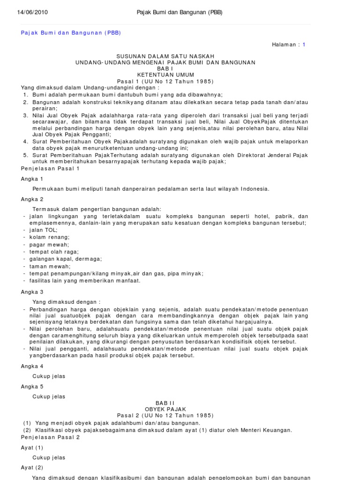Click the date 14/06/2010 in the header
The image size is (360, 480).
(x=32, y=12)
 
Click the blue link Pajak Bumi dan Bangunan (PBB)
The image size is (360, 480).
(x=71, y=33)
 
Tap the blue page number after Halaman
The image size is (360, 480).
(x=304, y=45)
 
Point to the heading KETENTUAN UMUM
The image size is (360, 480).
(x=165, y=75)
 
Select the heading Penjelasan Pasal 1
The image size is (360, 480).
(x=51, y=168)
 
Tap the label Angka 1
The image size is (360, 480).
(x=32, y=179)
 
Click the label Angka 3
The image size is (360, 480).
(x=32, y=291)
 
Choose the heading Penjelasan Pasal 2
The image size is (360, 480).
(x=51, y=437)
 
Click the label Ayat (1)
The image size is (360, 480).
(x=32, y=448)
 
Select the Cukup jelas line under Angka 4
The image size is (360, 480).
(x=49, y=376)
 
